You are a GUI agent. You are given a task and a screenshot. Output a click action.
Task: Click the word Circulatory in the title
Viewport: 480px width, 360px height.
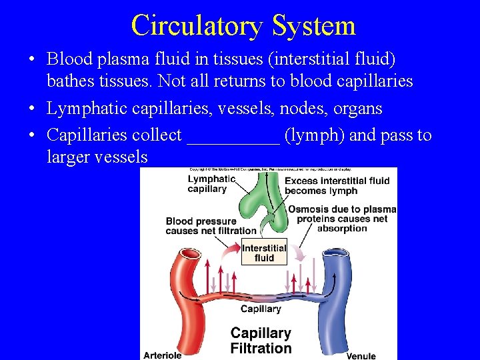[195, 25]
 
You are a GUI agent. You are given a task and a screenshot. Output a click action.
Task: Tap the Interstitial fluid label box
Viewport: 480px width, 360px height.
[264, 253]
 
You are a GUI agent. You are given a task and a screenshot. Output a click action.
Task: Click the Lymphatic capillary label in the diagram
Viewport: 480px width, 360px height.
[211, 184]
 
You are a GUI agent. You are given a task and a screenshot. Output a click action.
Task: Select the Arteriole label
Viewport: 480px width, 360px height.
[162, 355]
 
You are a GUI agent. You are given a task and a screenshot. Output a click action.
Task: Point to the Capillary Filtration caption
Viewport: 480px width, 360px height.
[261, 340]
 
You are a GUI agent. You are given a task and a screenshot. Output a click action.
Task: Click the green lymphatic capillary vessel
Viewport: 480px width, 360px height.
[260, 200]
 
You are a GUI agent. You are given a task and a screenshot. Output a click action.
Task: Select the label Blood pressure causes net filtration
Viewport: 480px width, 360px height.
[211, 226]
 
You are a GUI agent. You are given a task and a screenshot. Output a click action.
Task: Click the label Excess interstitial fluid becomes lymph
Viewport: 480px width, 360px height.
[337, 185]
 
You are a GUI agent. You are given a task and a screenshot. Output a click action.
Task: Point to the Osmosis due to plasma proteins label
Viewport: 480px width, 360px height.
[342, 219]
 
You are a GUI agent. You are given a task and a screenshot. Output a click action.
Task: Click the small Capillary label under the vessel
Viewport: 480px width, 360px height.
[261, 309]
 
